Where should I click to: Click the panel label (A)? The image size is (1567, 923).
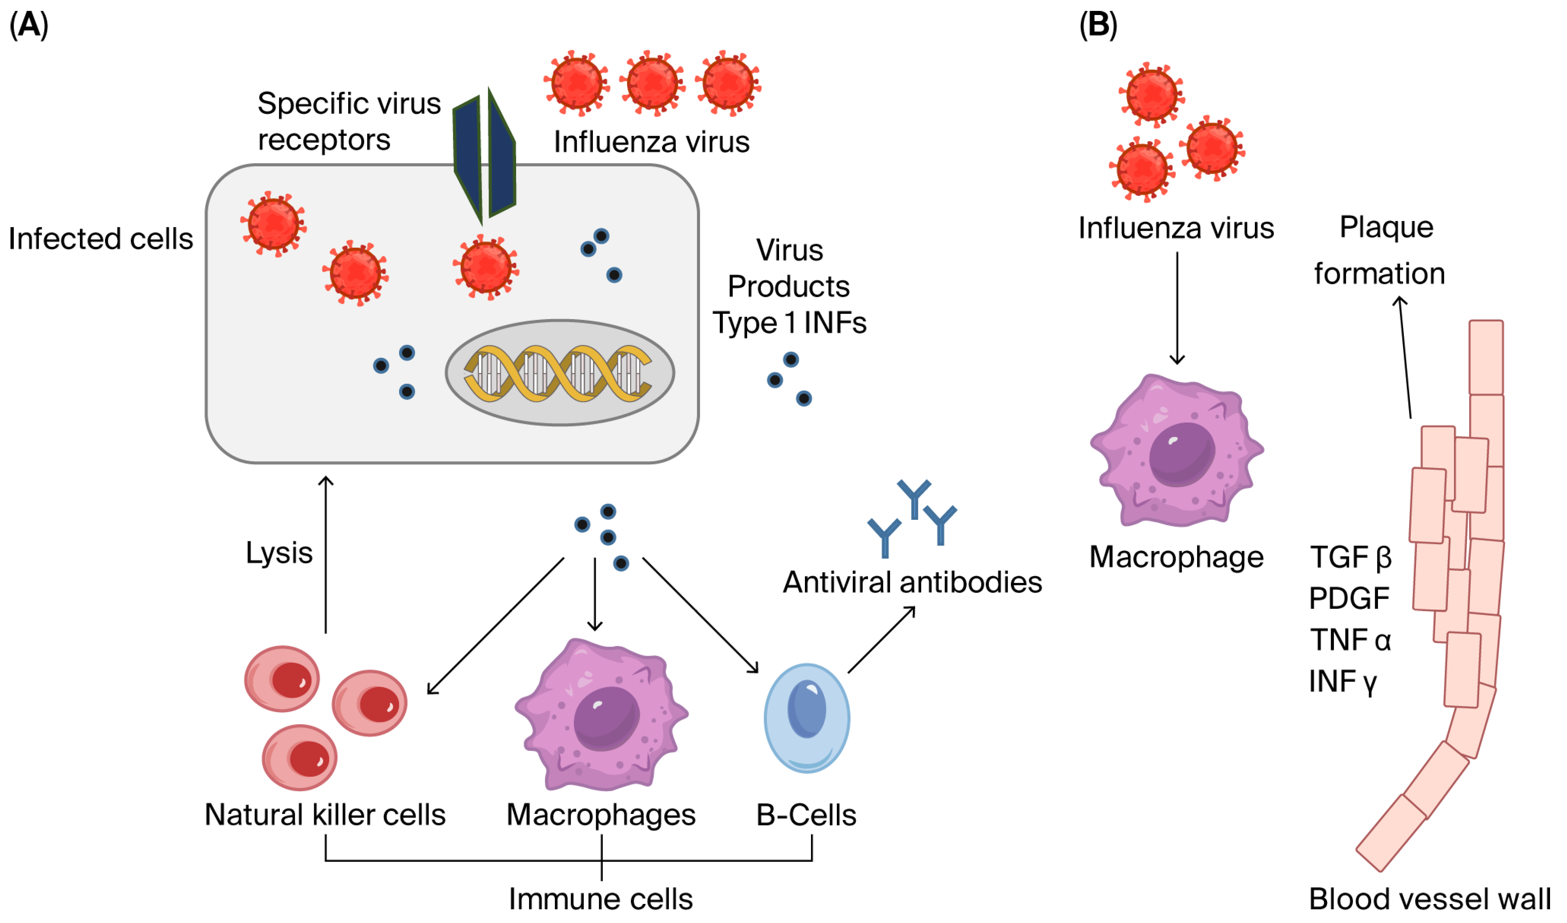tap(29, 26)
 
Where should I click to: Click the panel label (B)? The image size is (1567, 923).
tap(1098, 26)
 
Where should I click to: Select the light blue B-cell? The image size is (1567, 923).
tap(807, 718)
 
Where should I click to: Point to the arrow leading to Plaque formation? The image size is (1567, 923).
tap(1405, 357)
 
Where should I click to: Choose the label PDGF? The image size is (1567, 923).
tap(1349, 598)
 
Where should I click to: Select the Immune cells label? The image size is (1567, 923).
tap(601, 899)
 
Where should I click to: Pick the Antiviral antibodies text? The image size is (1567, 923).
tap(912, 583)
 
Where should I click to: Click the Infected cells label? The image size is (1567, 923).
tap(101, 239)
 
